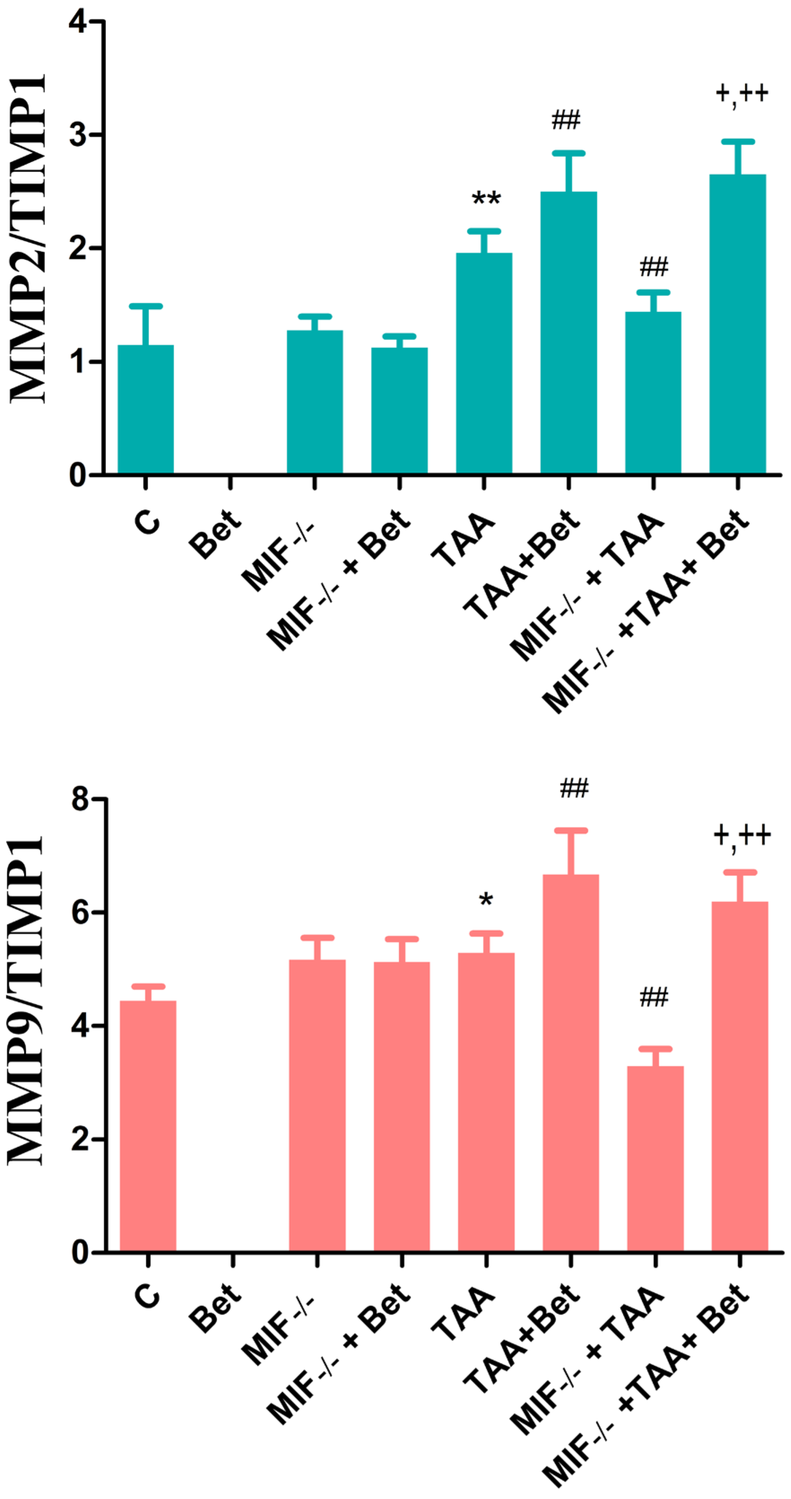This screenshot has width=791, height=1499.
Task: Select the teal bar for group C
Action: coord(145,410)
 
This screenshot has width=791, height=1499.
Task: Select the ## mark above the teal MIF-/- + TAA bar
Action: coord(654,267)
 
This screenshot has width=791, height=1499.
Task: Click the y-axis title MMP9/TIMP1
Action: coord(26,1000)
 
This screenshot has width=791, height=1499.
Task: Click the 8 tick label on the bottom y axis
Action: coord(80,800)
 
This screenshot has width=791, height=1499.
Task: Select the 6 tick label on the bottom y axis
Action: coord(80,912)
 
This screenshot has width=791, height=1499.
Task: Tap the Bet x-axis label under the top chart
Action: coord(215,534)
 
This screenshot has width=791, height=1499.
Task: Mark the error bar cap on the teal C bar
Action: coord(145,306)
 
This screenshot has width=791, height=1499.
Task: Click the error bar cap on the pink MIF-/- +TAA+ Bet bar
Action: coord(740,872)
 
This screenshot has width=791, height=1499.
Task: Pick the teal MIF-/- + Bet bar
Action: coord(399,411)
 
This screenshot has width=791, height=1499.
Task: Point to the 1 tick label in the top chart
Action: coord(78,361)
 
